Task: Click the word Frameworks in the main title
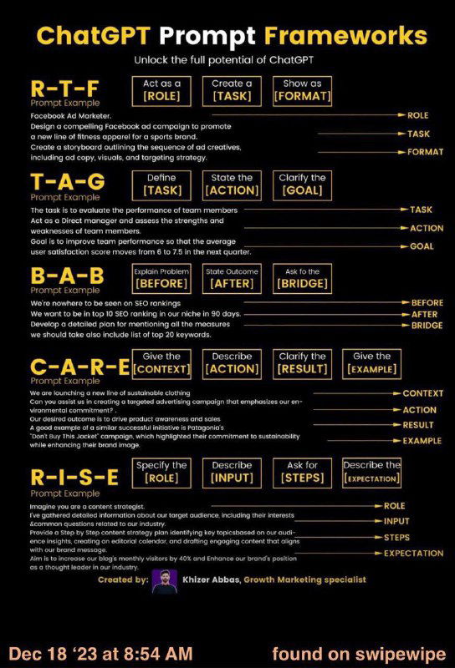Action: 368,36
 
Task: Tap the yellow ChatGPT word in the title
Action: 93,36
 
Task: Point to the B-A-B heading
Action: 66,276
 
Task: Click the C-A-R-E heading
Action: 79,366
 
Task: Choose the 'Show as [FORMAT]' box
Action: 302,90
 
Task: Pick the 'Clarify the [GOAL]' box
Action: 302,185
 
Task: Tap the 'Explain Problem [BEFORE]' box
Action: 162,278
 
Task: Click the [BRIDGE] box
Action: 302,278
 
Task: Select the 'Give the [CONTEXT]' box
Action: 162,363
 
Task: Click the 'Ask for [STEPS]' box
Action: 302,472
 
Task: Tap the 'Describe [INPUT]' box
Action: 232,472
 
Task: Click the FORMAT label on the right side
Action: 425,152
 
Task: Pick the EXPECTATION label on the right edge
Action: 413,553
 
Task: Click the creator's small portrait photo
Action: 164,581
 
